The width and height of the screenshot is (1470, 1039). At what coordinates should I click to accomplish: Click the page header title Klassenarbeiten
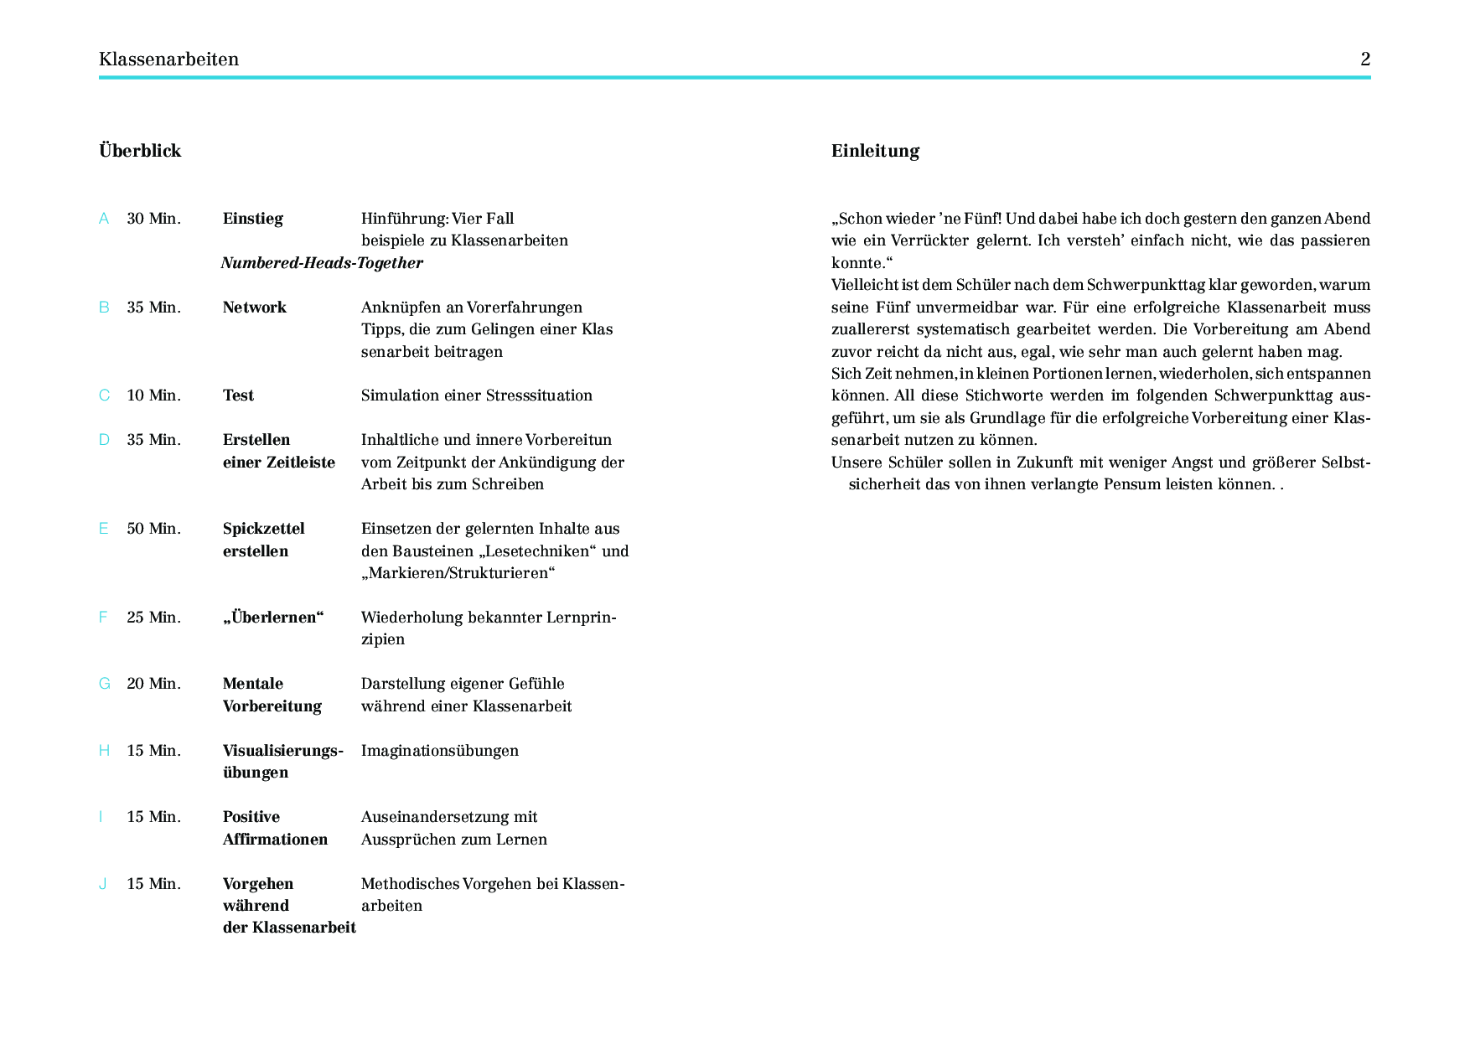coord(168,59)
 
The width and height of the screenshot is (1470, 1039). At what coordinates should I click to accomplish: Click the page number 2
coord(1364,59)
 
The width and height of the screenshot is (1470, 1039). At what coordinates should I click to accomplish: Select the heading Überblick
coord(140,151)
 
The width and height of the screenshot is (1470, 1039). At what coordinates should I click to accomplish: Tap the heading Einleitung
coord(875,151)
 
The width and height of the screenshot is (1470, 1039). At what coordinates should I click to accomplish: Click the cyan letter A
coord(104,219)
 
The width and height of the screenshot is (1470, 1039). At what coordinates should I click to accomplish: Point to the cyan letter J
coord(102,884)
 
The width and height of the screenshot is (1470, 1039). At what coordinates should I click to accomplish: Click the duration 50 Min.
coord(153,529)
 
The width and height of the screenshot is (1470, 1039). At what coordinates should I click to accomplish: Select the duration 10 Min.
coord(153,395)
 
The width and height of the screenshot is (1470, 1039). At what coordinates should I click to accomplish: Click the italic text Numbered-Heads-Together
coord(322,263)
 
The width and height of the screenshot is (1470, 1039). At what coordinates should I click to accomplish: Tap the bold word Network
coord(254,308)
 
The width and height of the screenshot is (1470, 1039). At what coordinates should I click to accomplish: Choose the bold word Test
coord(238,395)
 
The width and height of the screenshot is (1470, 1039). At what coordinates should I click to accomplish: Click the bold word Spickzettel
coord(263,529)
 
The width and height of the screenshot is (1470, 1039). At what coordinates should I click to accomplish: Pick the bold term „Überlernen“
coord(273,618)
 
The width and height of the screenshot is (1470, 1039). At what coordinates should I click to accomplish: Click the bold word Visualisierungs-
coord(282,751)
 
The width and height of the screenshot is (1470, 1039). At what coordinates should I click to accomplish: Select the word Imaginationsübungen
coord(439,751)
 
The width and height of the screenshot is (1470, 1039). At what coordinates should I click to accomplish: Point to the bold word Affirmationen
coord(275,840)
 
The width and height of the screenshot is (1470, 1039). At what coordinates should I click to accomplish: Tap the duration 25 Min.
coord(153,618)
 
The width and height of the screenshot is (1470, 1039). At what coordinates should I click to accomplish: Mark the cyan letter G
coord(104,684)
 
